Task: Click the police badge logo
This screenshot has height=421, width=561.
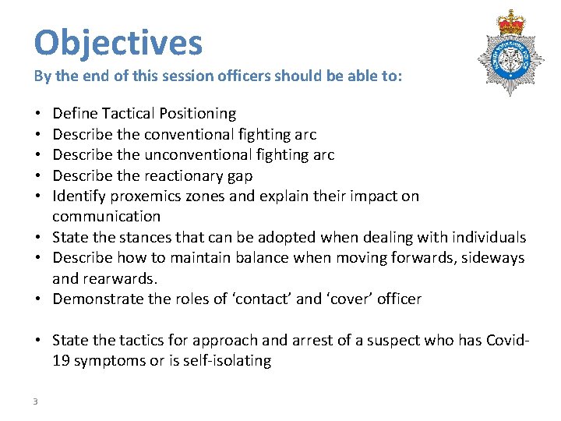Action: click(x=511, y=52)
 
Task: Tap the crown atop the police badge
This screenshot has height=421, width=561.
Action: click(x=511, y=22)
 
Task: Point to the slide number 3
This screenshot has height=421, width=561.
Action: click(x=35, y=401)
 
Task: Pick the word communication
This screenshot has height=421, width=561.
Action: click(x=106, y=216)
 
